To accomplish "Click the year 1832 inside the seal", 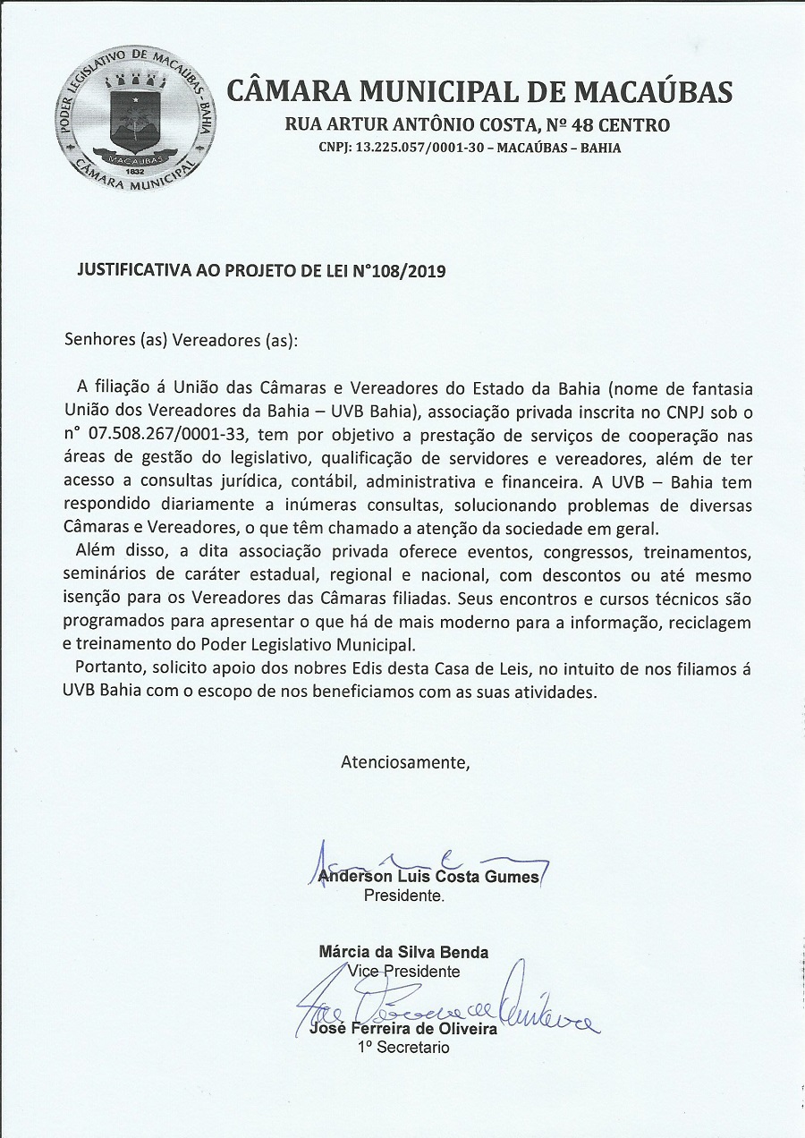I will pyautogui.click(x=135, y=170).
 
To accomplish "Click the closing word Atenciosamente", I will pyautogui.click(x=404, y=763).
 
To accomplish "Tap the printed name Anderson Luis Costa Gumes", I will pyautogui.click(x=429, y=877).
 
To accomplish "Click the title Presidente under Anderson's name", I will pyautogui.click(x=402, y=895).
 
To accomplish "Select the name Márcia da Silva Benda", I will pyautogui.click(x=403, y=952).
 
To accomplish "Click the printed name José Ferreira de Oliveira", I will pyautogui.click(x=402, y=1029).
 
